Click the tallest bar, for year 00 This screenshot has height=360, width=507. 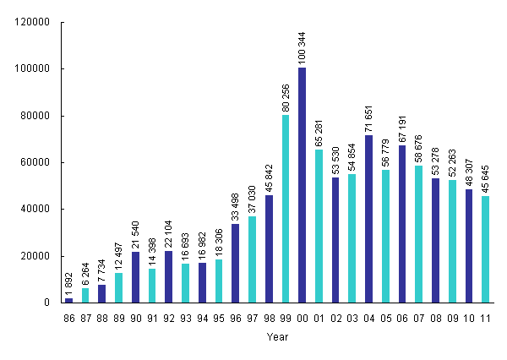302,185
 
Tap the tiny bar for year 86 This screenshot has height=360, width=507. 68,300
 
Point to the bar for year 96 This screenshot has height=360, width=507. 236,263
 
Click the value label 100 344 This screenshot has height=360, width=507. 303,47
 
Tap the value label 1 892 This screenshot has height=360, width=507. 68,281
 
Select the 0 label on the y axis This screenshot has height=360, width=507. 47,303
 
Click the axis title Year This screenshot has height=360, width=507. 277,337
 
